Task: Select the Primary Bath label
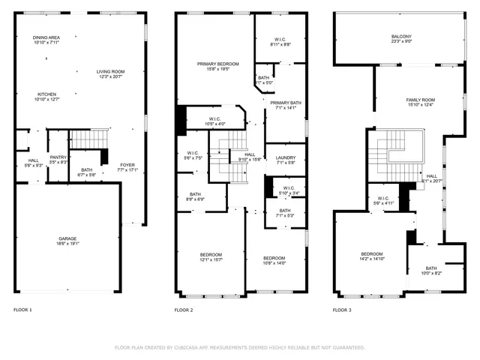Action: coord(286,105)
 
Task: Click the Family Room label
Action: coord(420,102)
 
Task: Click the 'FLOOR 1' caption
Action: coord(22,310)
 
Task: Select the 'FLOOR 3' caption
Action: coord(343,310)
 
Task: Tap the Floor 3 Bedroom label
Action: coord(372,256)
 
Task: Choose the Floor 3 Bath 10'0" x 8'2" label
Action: coord(431,271)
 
